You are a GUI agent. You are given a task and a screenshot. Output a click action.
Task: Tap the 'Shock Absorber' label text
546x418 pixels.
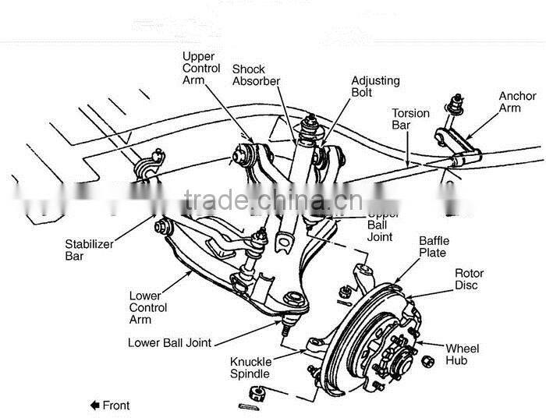pos(256,75)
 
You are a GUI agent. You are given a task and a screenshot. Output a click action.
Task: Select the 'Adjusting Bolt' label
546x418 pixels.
pos(374,87)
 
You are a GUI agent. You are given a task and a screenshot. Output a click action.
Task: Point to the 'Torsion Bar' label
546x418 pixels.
pos(410,119)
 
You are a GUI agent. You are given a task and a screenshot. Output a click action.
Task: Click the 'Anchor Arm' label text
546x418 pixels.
pos(518,102)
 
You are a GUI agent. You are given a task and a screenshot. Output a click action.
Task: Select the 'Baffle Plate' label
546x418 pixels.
pos(434,246)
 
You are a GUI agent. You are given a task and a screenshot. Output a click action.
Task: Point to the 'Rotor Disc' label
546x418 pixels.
pos(469,279)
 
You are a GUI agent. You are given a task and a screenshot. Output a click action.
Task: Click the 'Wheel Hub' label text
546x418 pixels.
pos(462,355)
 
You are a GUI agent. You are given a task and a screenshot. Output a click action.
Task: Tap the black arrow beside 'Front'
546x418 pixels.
pos(95,405)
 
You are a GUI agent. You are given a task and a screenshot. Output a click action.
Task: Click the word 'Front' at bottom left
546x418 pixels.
pos(116,405)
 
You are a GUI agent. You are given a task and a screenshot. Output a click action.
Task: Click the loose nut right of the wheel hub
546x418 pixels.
pos(427,361)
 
